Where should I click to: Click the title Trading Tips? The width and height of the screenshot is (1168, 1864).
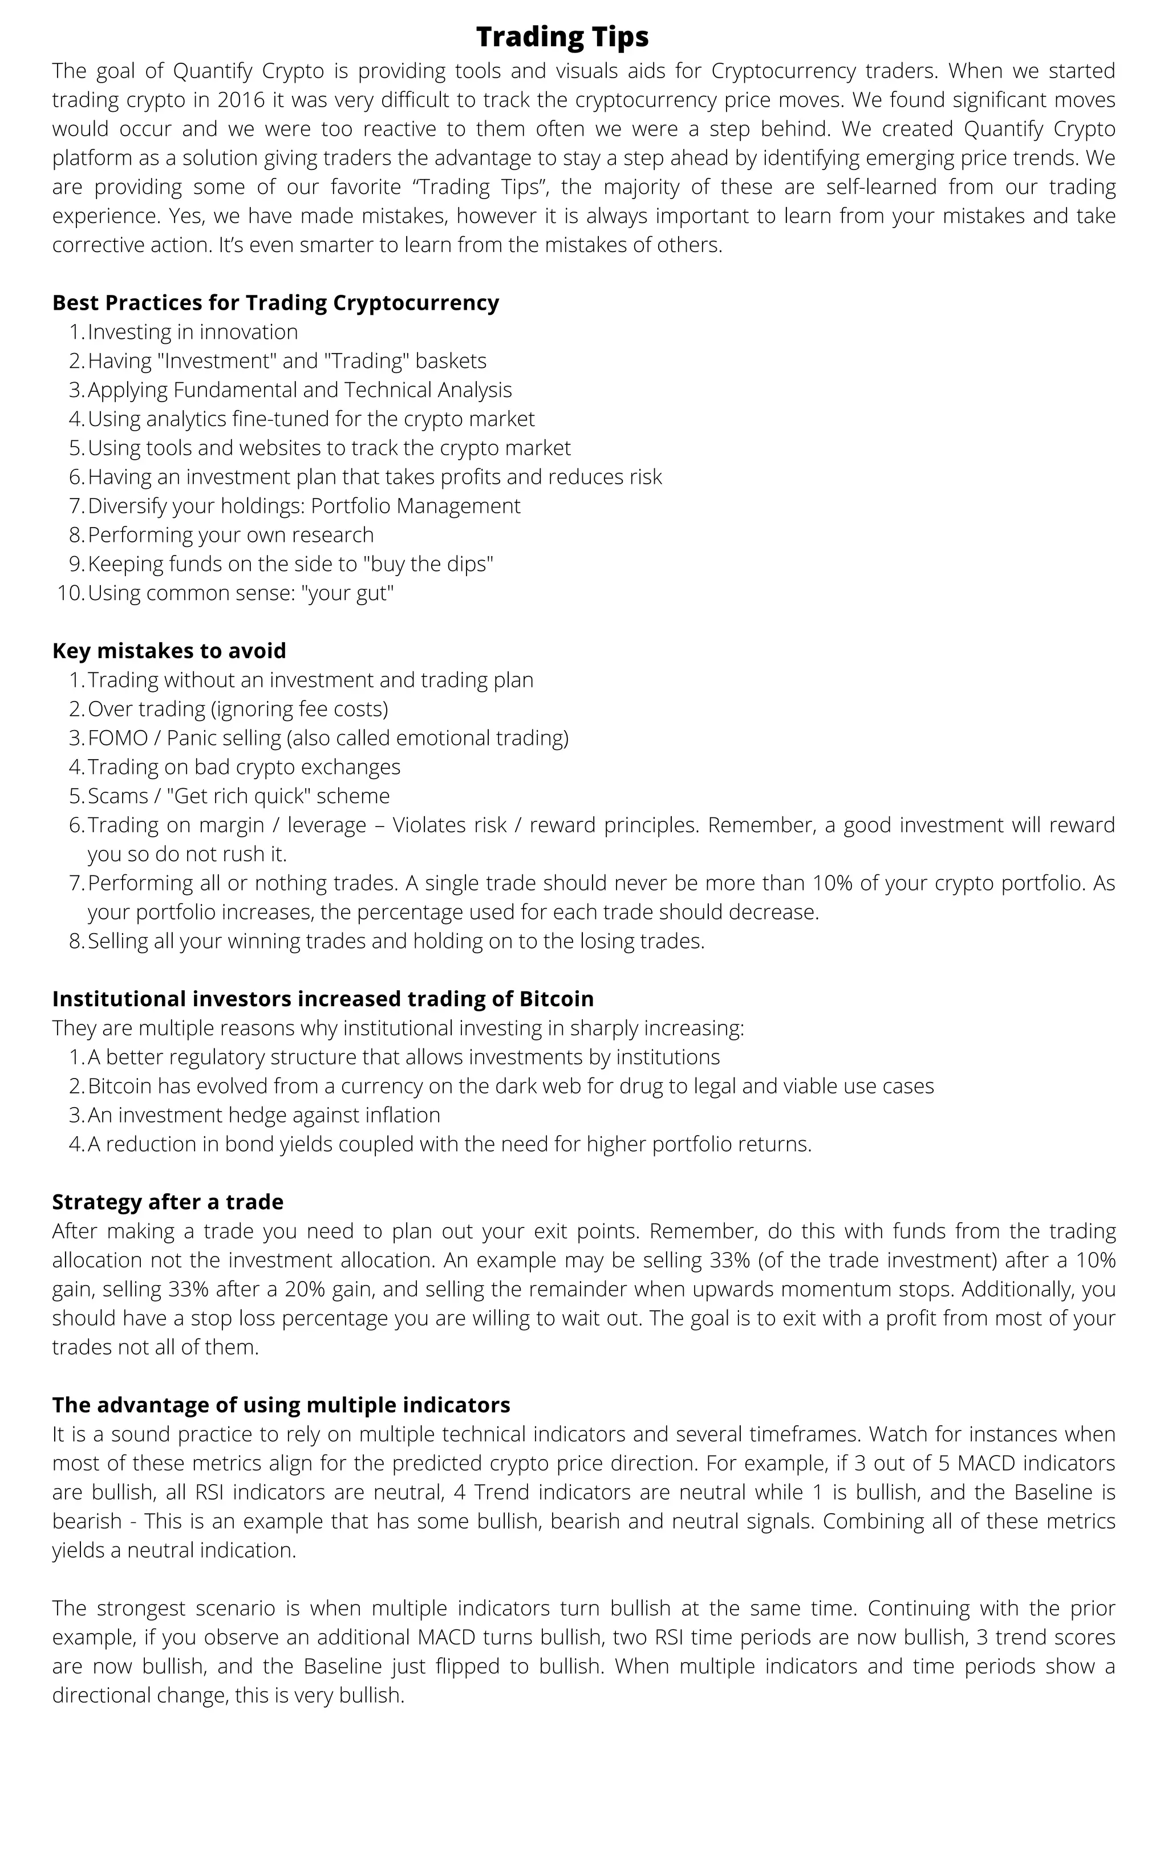pos(562,37)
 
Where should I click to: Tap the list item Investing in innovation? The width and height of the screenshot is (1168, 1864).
pos(192,332)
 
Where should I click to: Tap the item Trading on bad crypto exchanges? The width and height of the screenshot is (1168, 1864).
pos(244,767)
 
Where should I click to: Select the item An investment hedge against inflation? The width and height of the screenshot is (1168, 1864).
pos(263,1115)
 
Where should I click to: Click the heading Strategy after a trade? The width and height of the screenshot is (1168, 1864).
pos(168,1201)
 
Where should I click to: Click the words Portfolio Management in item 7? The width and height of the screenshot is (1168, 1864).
pos(416,506)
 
